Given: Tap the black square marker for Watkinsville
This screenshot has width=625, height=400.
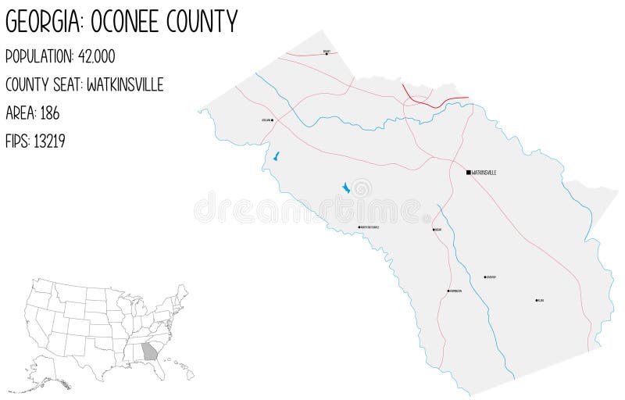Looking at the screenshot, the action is click(x=468, y=172).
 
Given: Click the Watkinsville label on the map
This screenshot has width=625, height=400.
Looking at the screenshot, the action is click(x=484, y=172).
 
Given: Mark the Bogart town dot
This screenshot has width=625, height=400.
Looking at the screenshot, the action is click(x=327, y=54).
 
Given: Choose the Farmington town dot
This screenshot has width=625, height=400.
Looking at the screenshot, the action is click(x=448, y=291).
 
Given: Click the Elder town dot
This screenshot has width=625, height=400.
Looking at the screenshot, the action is click(x=537, y=300).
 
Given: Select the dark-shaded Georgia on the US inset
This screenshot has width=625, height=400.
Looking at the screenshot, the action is click(x=149, y=352).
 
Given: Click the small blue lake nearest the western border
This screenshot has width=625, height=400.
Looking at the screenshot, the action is click(x=275, y=157).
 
